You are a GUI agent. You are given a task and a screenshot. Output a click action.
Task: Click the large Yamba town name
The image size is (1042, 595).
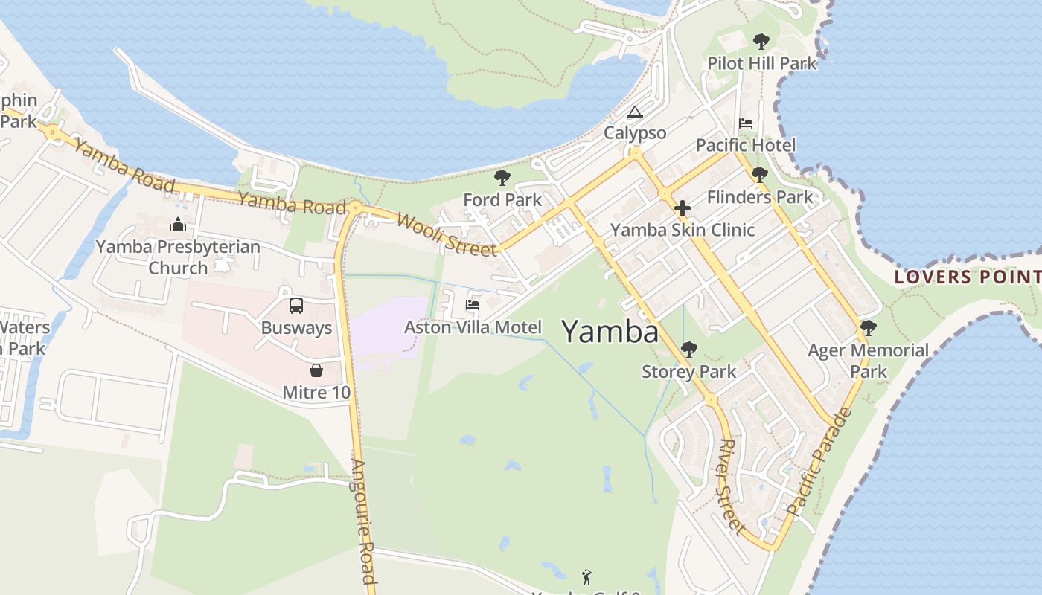tap(610, 332)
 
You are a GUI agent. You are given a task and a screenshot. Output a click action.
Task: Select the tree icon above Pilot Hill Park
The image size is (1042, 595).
tap(761, 42)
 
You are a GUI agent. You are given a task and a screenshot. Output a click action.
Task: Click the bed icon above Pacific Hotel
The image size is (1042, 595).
tap(746, 123)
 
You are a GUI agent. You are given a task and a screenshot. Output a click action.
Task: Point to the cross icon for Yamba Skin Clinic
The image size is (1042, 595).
tap(682, 208)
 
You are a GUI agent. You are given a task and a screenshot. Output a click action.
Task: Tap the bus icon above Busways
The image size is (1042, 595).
tap(295, 306)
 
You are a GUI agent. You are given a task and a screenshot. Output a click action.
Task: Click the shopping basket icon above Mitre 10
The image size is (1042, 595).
tap(316, 370)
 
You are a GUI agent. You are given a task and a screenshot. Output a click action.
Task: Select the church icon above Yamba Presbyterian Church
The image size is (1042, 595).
tap(178, 225)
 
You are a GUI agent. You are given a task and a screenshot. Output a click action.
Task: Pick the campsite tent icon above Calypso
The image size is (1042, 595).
tap(634, 112)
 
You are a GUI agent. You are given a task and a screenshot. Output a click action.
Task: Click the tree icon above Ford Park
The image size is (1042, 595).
tap(502, 178)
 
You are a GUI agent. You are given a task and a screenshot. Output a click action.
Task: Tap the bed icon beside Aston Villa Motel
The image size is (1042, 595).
tap(472, 304)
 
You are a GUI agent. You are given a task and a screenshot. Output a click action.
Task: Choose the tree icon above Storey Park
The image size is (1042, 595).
tap(689, 350)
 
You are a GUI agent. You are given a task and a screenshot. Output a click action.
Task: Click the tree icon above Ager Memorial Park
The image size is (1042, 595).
tap(868, 327)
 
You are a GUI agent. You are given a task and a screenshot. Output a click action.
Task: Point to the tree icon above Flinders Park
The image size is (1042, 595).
tap(759, 176)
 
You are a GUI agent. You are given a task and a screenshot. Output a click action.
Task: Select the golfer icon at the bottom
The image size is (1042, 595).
tap(586, 576)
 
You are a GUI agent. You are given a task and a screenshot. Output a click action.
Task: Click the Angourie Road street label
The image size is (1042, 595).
tap(363, 521)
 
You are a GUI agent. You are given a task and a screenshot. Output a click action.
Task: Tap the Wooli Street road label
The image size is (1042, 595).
tap(447, 234)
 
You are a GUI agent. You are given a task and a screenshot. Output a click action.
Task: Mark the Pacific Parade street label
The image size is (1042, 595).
tap(819, 462)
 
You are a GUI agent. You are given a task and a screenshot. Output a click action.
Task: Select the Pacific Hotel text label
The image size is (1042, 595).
tap(746, 145)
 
